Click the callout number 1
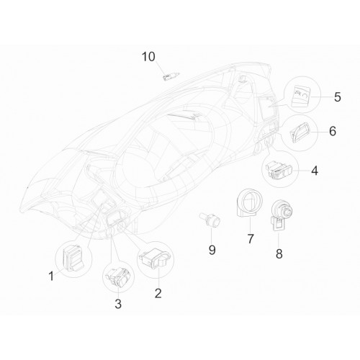coord(51,276)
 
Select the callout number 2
coord(158,293)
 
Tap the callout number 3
coord(118,304)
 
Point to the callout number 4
coord(315,171)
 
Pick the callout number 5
coord(337,97)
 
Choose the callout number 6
coord(333,131)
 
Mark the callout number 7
coord(250,238)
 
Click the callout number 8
coord(279,254)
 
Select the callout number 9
coord(212,250)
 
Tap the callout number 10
coord(148,57)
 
